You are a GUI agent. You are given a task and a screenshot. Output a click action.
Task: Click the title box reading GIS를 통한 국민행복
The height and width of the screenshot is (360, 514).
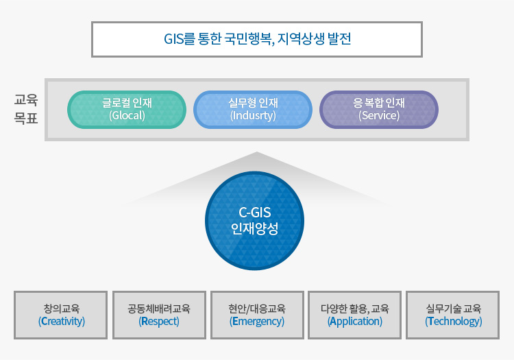pyautogui.click(x=257, y=39)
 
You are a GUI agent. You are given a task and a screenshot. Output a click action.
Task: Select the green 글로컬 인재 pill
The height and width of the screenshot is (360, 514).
pyautogui.click(x=127, y=110)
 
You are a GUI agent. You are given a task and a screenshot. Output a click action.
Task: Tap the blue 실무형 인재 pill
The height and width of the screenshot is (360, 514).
pyautogui.click(x=253, y=110)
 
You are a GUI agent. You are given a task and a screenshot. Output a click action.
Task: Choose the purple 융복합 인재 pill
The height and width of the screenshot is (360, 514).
pyautogui.click(x=379, y=110)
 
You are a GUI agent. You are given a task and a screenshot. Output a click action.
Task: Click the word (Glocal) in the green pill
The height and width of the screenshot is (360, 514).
pyautogui.click(x=127, y=116)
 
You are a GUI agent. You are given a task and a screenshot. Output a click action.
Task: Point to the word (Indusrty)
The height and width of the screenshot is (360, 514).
pyautogui.click(x=253, y=116)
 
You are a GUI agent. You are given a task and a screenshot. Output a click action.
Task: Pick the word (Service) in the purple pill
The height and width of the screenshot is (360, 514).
pyautogui.click(x=379, y=116)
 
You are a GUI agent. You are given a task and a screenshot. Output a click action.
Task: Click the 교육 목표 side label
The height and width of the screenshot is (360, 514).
pyautogui.click(x=26, y=109)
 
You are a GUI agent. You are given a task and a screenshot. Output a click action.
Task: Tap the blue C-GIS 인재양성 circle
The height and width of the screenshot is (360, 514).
pyautogui.click(x=254, y=221)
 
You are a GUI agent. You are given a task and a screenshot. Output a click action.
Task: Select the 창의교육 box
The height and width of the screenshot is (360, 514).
pyautogui.click(x=60, y=315)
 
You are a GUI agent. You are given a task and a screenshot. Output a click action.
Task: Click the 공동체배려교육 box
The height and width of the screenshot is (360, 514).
pyautogui.click(x=159, y=315)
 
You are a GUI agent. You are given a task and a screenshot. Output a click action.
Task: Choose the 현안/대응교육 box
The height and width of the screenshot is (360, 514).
pyautogui.click(x=257, y=315)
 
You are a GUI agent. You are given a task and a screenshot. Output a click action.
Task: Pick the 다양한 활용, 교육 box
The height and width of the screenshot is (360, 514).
pyautogui.click(x=355, y=315)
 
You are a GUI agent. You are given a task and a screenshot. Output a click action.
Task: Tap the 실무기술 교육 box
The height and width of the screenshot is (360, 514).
pyautogui.click(x=453, y=315)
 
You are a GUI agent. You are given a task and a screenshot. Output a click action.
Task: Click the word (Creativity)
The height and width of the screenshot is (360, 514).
pyautogui.click(x=61, y=322)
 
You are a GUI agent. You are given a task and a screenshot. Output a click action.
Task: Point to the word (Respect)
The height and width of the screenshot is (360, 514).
pyautogui.click(x=159, y=322)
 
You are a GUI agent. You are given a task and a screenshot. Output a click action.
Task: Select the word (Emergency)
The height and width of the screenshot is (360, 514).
pyautogui.click(x=257, y=322)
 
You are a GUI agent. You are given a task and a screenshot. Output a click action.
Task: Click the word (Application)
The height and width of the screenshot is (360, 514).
pyautogui.click(x=355, y=322)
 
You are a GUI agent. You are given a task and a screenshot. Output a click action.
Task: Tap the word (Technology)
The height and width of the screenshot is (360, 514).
pyautogui.click(x=454, y=322)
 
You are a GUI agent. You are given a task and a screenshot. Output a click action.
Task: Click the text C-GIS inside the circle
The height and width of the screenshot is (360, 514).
pyautogui.click(x=255, y=213)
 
